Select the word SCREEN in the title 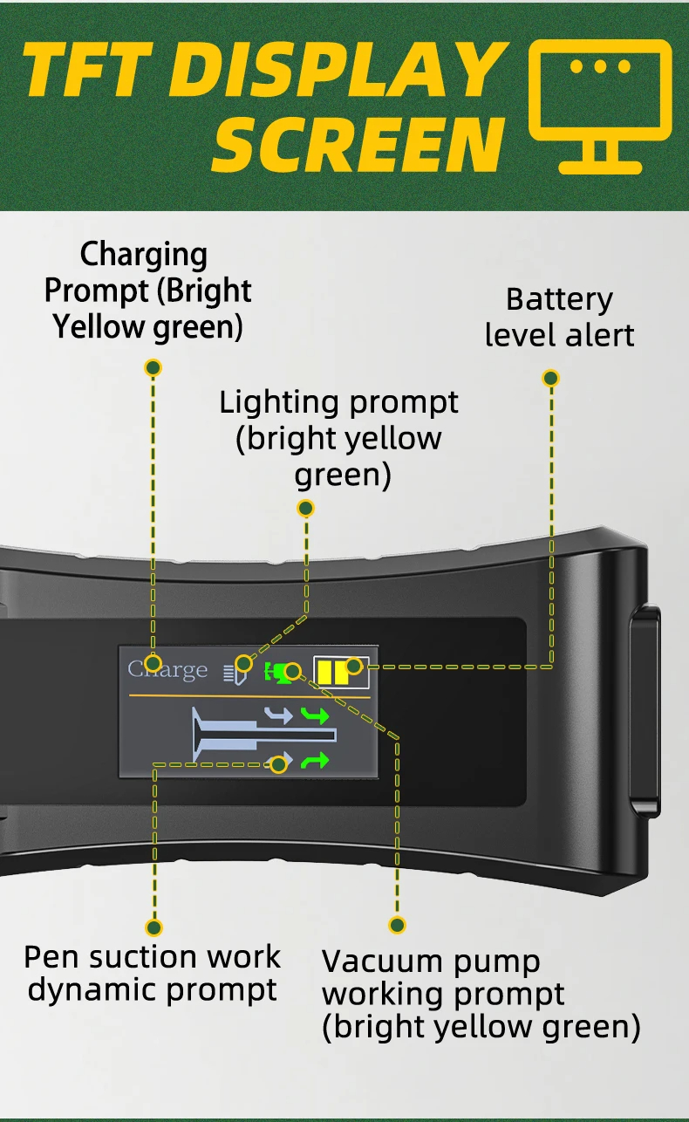(x=358, y=144)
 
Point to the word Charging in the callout (x=144, y=255)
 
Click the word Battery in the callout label (x=559, y=299)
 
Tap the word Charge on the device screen (x=167, y=669)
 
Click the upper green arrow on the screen (x=315, y=716)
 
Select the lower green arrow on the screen (x=315, y=761)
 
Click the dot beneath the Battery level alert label (x=550, y=378)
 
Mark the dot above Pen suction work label (x=154, y=927)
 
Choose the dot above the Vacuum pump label (x=398, y=925)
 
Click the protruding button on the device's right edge (x=645, y=707)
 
